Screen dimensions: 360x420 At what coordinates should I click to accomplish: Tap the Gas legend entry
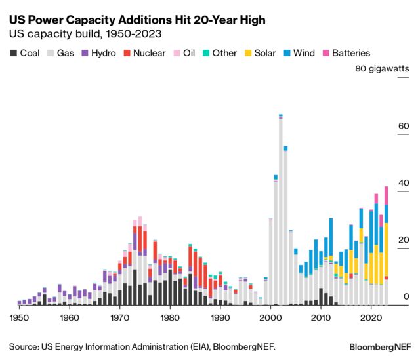61,53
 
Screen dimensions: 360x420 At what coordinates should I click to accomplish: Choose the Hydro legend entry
98,53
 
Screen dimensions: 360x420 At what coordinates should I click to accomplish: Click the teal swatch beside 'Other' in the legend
205,53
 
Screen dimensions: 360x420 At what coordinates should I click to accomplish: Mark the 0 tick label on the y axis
406,296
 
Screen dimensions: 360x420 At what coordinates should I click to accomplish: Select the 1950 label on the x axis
19,317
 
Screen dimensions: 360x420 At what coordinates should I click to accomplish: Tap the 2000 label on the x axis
270,317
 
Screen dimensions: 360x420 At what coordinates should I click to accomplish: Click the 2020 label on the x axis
371,317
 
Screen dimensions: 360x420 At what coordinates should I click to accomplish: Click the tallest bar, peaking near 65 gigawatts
280,210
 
